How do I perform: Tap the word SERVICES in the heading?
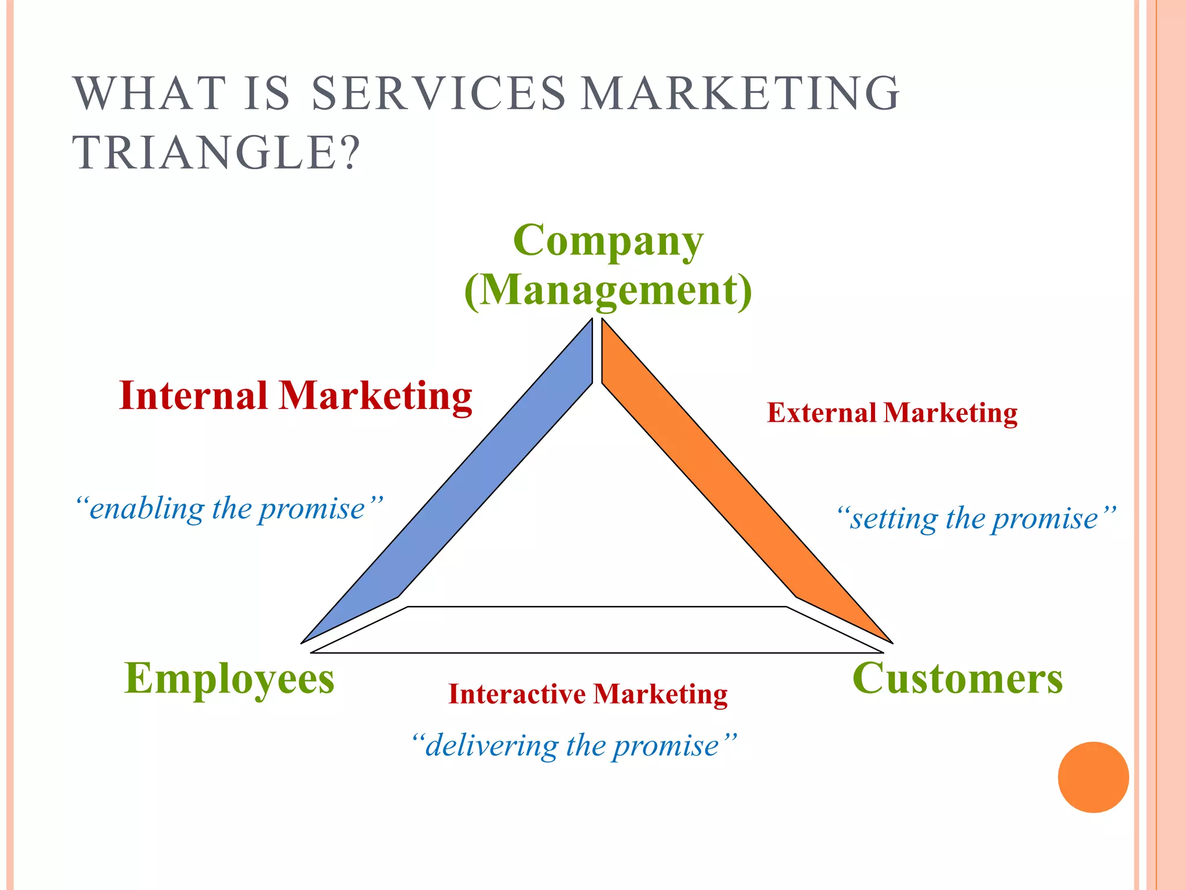coord(438,93)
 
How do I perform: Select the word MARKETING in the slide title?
coord(740,93)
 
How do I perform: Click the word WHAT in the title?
coord(149,93)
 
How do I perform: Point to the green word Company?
coord(608,240)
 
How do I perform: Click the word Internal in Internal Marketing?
coord(193,396)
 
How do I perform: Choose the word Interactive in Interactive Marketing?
coord(517,694)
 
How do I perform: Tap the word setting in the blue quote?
coord(893,519)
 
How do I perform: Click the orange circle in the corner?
coord(1093,777)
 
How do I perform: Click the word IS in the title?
coord(266,93)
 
